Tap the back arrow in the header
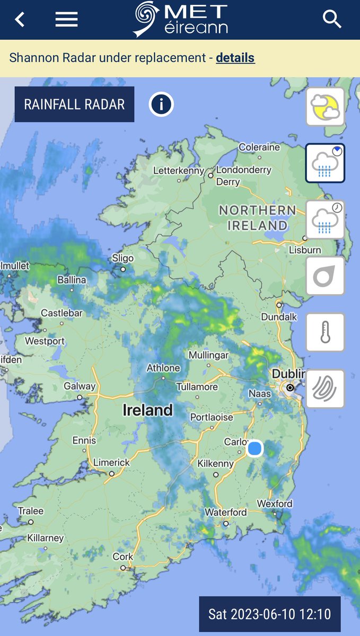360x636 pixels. coord(20,20)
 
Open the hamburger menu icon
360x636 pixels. coord(66,20)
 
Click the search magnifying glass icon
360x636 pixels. coord(332,20)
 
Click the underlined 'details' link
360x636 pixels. coord(235,58)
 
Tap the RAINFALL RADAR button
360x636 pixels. coord(74,104)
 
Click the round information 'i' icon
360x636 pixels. coord(161,104)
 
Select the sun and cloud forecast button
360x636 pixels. coord(325,107)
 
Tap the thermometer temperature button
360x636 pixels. coord(325,332)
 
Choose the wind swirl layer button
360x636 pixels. coord(325,388)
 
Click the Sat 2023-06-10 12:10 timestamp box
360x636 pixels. coord(269,614)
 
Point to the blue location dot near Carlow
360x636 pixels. coord(255,448)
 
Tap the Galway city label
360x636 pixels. coord(80,386)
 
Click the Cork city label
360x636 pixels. coord(122,557)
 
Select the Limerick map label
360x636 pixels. coord(111,463)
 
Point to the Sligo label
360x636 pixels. coord(122,258)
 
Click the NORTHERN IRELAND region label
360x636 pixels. coord(257,217)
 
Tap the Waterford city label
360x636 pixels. coord(225,513)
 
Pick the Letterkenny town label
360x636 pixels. coord(178,171)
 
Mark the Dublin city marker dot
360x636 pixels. coord(289,388)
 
